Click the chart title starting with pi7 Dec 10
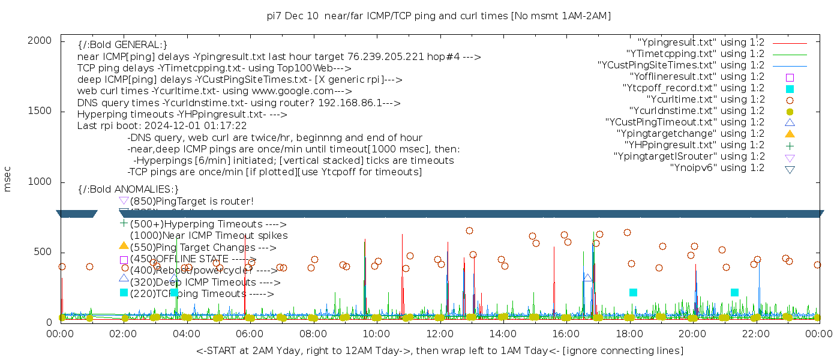click(439, 16)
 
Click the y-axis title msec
click(8, 181)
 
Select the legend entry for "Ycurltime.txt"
click(705, 100)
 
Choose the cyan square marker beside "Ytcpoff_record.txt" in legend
click(790, 89)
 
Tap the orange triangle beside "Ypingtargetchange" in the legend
click(790, 133)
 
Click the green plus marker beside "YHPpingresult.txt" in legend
click(790, 145)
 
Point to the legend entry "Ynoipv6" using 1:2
click(717, 168)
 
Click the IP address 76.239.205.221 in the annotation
click(391, 57)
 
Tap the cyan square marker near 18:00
click(633, 292)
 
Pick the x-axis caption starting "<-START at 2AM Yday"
click(439, 350)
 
